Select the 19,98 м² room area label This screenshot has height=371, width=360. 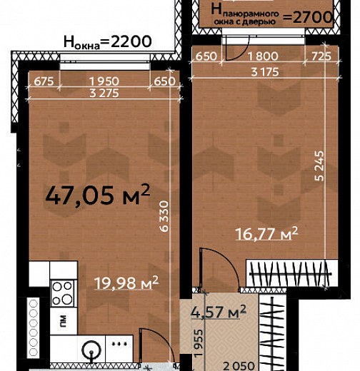click(x=126, y=283)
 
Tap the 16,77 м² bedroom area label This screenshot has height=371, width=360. click(x=266, y=233)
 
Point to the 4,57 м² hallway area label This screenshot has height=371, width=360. click(x=219, y=312)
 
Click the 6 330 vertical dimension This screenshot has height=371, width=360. click(x=164, y=216)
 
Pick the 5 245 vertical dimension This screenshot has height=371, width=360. click(x=319, y=166)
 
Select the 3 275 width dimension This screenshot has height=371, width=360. click(x=104, y=93)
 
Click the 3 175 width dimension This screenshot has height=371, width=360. click(x=265, y=72)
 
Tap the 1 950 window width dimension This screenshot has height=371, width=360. click(x=104, y=81)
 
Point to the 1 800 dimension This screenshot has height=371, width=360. click(x=263, y=56)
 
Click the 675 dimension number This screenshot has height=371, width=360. click(x=44, y=81)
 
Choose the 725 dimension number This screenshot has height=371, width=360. click(x=321, y=56)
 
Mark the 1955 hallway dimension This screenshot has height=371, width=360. click(x=198, y=342)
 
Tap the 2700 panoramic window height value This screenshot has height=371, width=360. click(x=312, y=17)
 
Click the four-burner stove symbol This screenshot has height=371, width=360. click(x=63, y=293)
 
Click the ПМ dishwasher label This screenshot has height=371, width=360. click(x=63, y=321)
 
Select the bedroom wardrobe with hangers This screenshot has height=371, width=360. click(x=291, y=273)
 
